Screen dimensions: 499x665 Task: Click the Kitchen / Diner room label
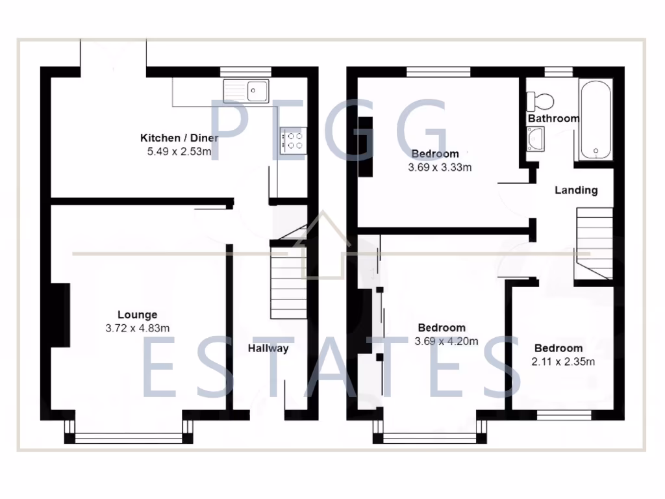[179, 138]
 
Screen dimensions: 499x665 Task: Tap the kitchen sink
[246, 91]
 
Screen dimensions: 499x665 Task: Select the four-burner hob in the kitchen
[293, 141]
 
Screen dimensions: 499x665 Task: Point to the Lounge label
[137, 315]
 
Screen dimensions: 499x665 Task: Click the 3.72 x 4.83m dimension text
[137, 329]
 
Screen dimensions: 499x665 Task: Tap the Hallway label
[268, 348]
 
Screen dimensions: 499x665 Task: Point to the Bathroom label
[553, 119]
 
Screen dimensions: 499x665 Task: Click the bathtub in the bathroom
[596, 119]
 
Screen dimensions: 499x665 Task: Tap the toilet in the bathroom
[540, 101]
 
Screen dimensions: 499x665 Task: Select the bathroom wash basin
[536, 138]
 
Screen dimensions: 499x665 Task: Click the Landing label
[576, 190]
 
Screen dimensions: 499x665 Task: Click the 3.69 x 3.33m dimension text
[439, 168]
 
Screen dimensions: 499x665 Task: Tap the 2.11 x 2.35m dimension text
[562, 362]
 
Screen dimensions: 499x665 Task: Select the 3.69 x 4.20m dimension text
[446, 341]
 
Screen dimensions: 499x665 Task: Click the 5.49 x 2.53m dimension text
[179, 152]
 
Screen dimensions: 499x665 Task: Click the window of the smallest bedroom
[563, 413]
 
